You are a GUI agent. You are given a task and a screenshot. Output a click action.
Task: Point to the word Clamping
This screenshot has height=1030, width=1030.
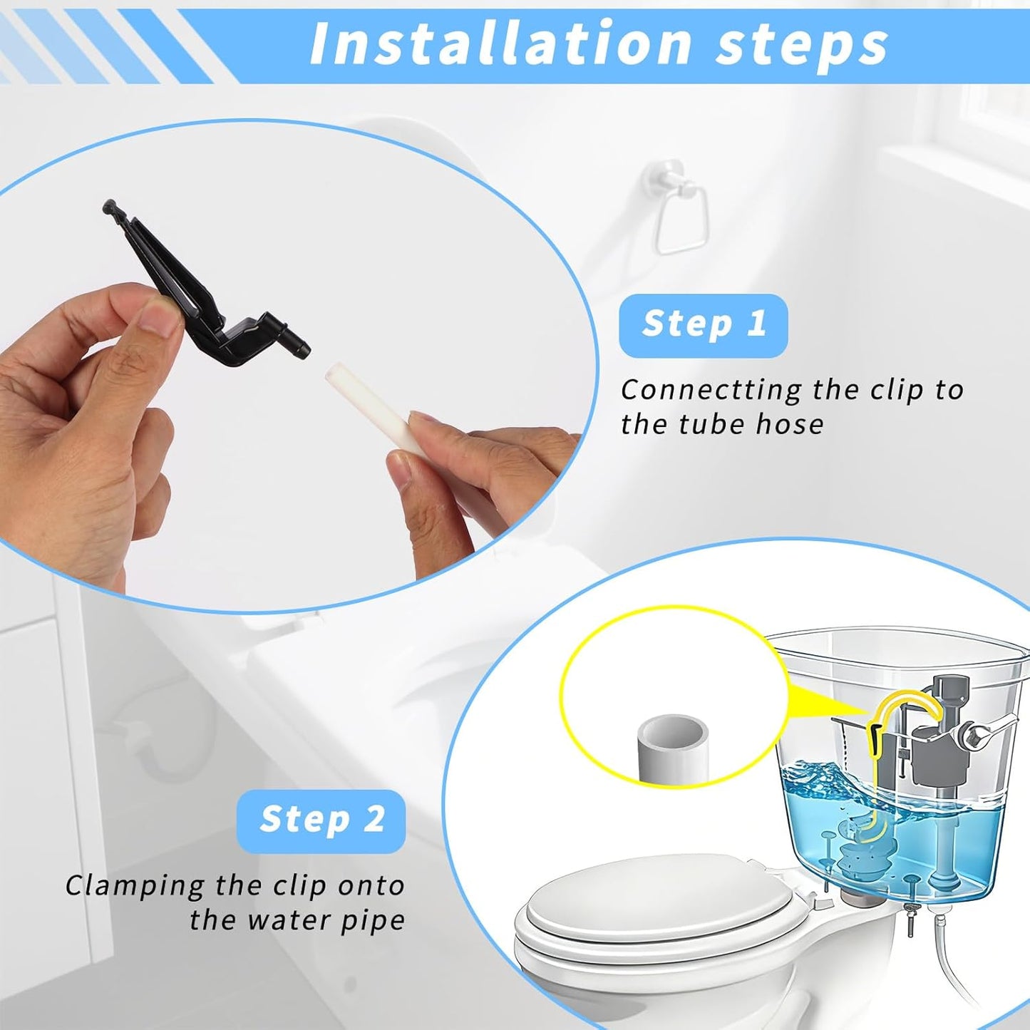135,887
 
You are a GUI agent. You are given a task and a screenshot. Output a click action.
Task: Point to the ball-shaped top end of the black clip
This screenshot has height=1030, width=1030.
109,206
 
